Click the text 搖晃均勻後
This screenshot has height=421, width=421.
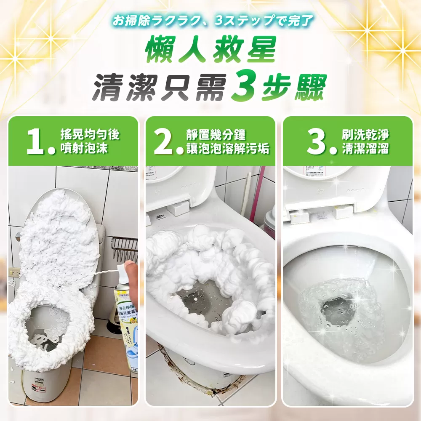(x=90, y=135)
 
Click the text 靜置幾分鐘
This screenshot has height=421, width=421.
(x=216, y=135)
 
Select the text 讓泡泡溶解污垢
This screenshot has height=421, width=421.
(x=228, y=149)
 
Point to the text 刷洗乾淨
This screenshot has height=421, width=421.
(x=365, y=135)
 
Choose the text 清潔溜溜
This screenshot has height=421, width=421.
(x=365, y=149)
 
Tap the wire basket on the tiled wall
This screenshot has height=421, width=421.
(x=125, y=248)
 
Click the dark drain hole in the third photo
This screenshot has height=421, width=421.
(x=335, y=305)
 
